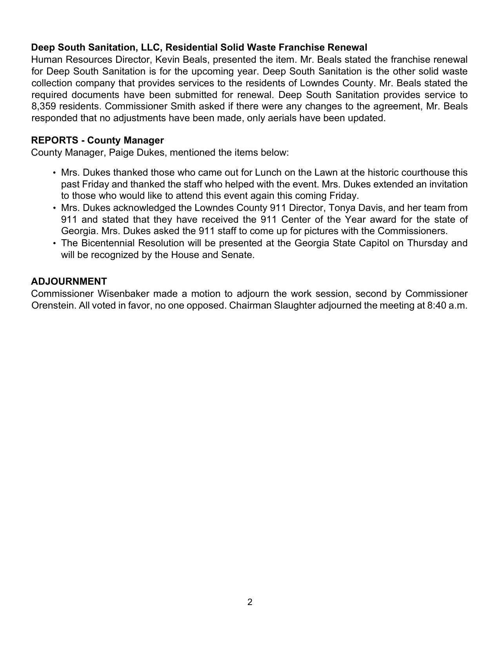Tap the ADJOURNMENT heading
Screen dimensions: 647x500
69,282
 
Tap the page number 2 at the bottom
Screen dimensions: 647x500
250,602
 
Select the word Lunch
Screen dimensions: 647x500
268,173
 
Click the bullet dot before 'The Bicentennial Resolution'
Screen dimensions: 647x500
54,244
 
